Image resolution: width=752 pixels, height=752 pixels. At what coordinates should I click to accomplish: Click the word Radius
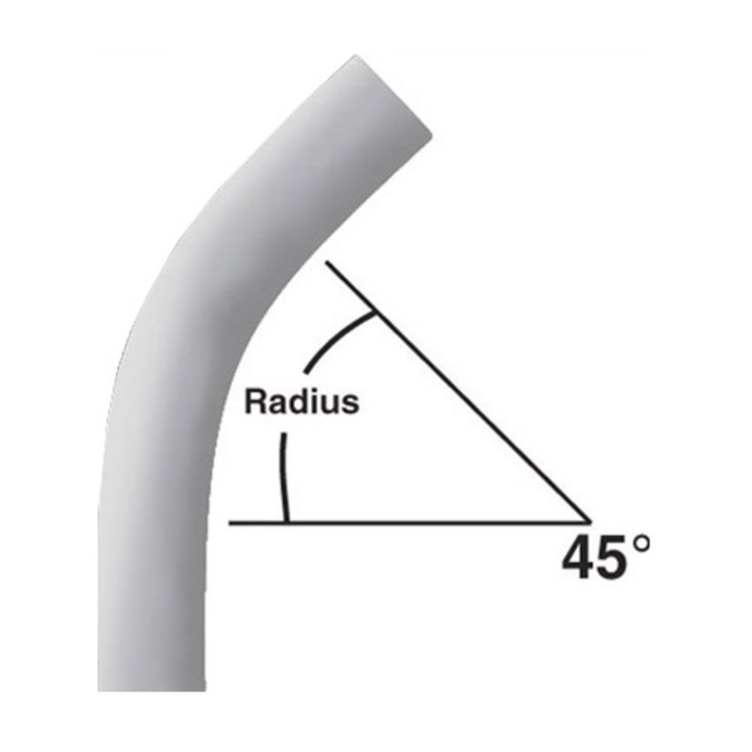point(301,402)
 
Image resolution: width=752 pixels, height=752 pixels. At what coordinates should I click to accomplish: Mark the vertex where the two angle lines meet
point(590,522)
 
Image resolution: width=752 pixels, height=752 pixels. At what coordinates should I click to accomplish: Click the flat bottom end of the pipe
point(151,687)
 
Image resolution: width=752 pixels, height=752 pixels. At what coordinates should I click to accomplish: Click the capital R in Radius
point(254,402)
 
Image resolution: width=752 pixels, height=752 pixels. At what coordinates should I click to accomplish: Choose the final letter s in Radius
point(351,404)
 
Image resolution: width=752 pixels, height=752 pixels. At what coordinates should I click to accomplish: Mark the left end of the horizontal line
point(231,523)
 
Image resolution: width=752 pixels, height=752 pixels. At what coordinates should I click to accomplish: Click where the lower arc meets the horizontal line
point(287,522)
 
